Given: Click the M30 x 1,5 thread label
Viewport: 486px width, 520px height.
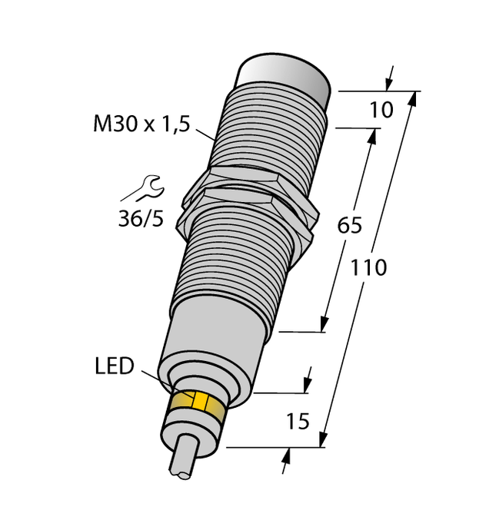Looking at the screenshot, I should pyautogui.click(x=141, y=124).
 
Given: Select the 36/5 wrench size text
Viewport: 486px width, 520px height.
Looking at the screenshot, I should pyautogui.click(x=140, y=220).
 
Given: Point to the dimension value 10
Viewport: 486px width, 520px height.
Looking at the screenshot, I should pyautogui.click(x=381, y=110).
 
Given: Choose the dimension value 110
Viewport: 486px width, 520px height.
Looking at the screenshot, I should pyautogui.click(x=368, y=268).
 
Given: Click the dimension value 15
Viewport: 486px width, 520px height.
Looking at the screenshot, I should pyautogui.click(x=296, y=421).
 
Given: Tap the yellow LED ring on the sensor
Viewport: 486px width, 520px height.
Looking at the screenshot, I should pyautogui.click(x=198, y=406).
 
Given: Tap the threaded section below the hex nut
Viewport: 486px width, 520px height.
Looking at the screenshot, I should pyautogui.click(x=231, y=261).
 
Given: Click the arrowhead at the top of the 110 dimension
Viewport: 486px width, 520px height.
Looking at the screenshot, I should pyautogui.click(x=415, y=98).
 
